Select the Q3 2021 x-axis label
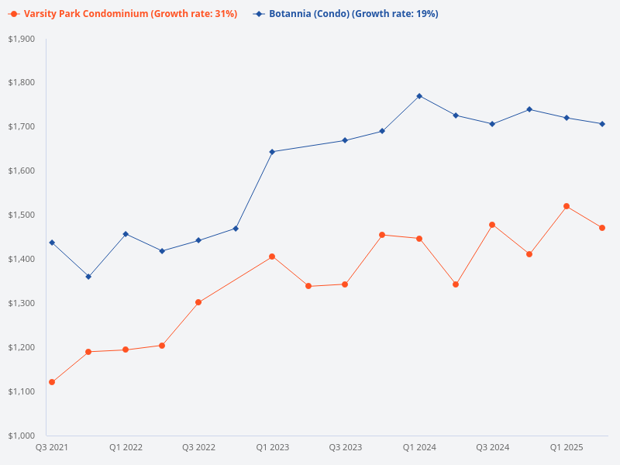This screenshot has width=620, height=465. (52, 447)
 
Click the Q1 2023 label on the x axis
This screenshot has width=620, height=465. (272, 447)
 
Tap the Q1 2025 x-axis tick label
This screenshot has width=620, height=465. (566, 447)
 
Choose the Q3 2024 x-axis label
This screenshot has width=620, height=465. (492, 447)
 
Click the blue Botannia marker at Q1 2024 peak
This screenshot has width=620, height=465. (419, 96)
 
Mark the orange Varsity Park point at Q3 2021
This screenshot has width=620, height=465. (52, 382)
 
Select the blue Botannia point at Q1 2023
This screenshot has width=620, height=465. (272, 152)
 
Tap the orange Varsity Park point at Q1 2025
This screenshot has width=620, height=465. (567, 206)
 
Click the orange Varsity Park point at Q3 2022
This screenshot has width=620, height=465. (198, 302)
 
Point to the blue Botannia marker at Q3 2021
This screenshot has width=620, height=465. (52, 243)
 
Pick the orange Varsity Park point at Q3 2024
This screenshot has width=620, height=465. (492, 225)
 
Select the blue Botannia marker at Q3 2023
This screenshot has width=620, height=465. (345, 140)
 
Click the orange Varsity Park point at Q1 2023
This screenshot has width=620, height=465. (272, 257)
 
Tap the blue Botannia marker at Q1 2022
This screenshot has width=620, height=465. (126, 234)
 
